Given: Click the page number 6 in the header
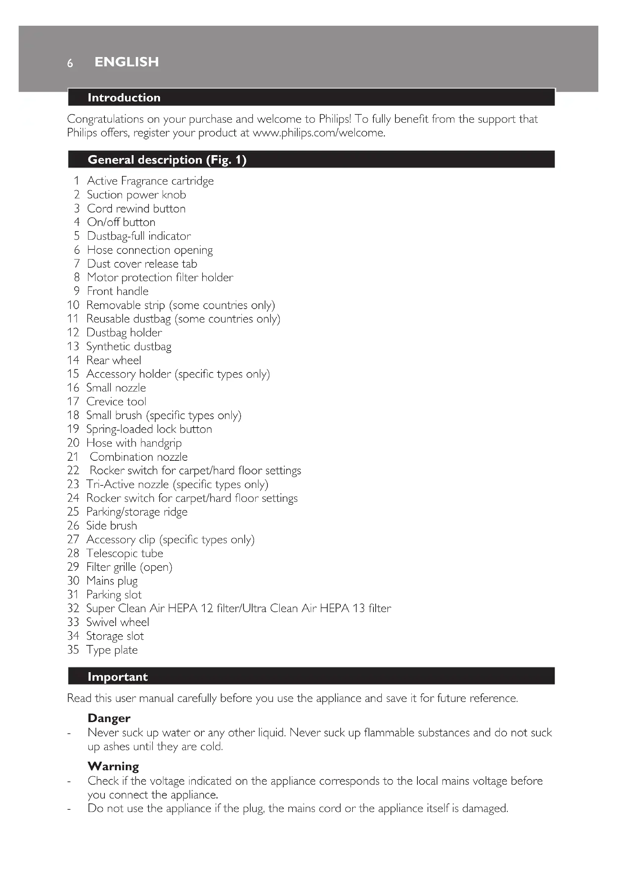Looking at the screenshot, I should click(70, 63).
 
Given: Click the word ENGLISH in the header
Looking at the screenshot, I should click(126, 62).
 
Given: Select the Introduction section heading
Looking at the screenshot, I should click(124, 98).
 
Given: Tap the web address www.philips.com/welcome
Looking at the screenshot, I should click(319, 133).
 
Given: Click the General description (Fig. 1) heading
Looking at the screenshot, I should click(167, 160).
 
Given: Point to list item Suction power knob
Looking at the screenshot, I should click(137, 195).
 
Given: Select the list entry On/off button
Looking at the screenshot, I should click(121, 222).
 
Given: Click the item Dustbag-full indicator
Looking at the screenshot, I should click(139, 236).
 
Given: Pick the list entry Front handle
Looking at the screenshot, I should click(118, 291).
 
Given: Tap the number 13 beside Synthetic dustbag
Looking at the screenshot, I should click(73, 346).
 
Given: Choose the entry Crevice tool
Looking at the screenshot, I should click(116, 402).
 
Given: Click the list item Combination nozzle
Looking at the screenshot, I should click(138, 457).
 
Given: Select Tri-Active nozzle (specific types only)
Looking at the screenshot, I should click(177, 484).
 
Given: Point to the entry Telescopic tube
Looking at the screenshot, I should click(125, 553).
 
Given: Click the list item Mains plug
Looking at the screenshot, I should click(112, 581).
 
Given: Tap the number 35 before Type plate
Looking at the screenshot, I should click(73, 650).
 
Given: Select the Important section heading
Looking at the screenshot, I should click(118, 677).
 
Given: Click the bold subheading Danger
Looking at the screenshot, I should click(109, 718).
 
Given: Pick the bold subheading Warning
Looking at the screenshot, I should click(113, 766).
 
